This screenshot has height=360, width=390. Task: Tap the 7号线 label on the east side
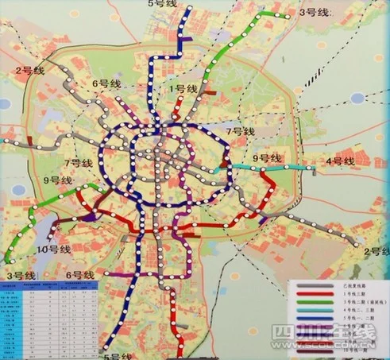coord(240,129)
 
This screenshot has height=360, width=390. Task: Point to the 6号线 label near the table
coord(77,274)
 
